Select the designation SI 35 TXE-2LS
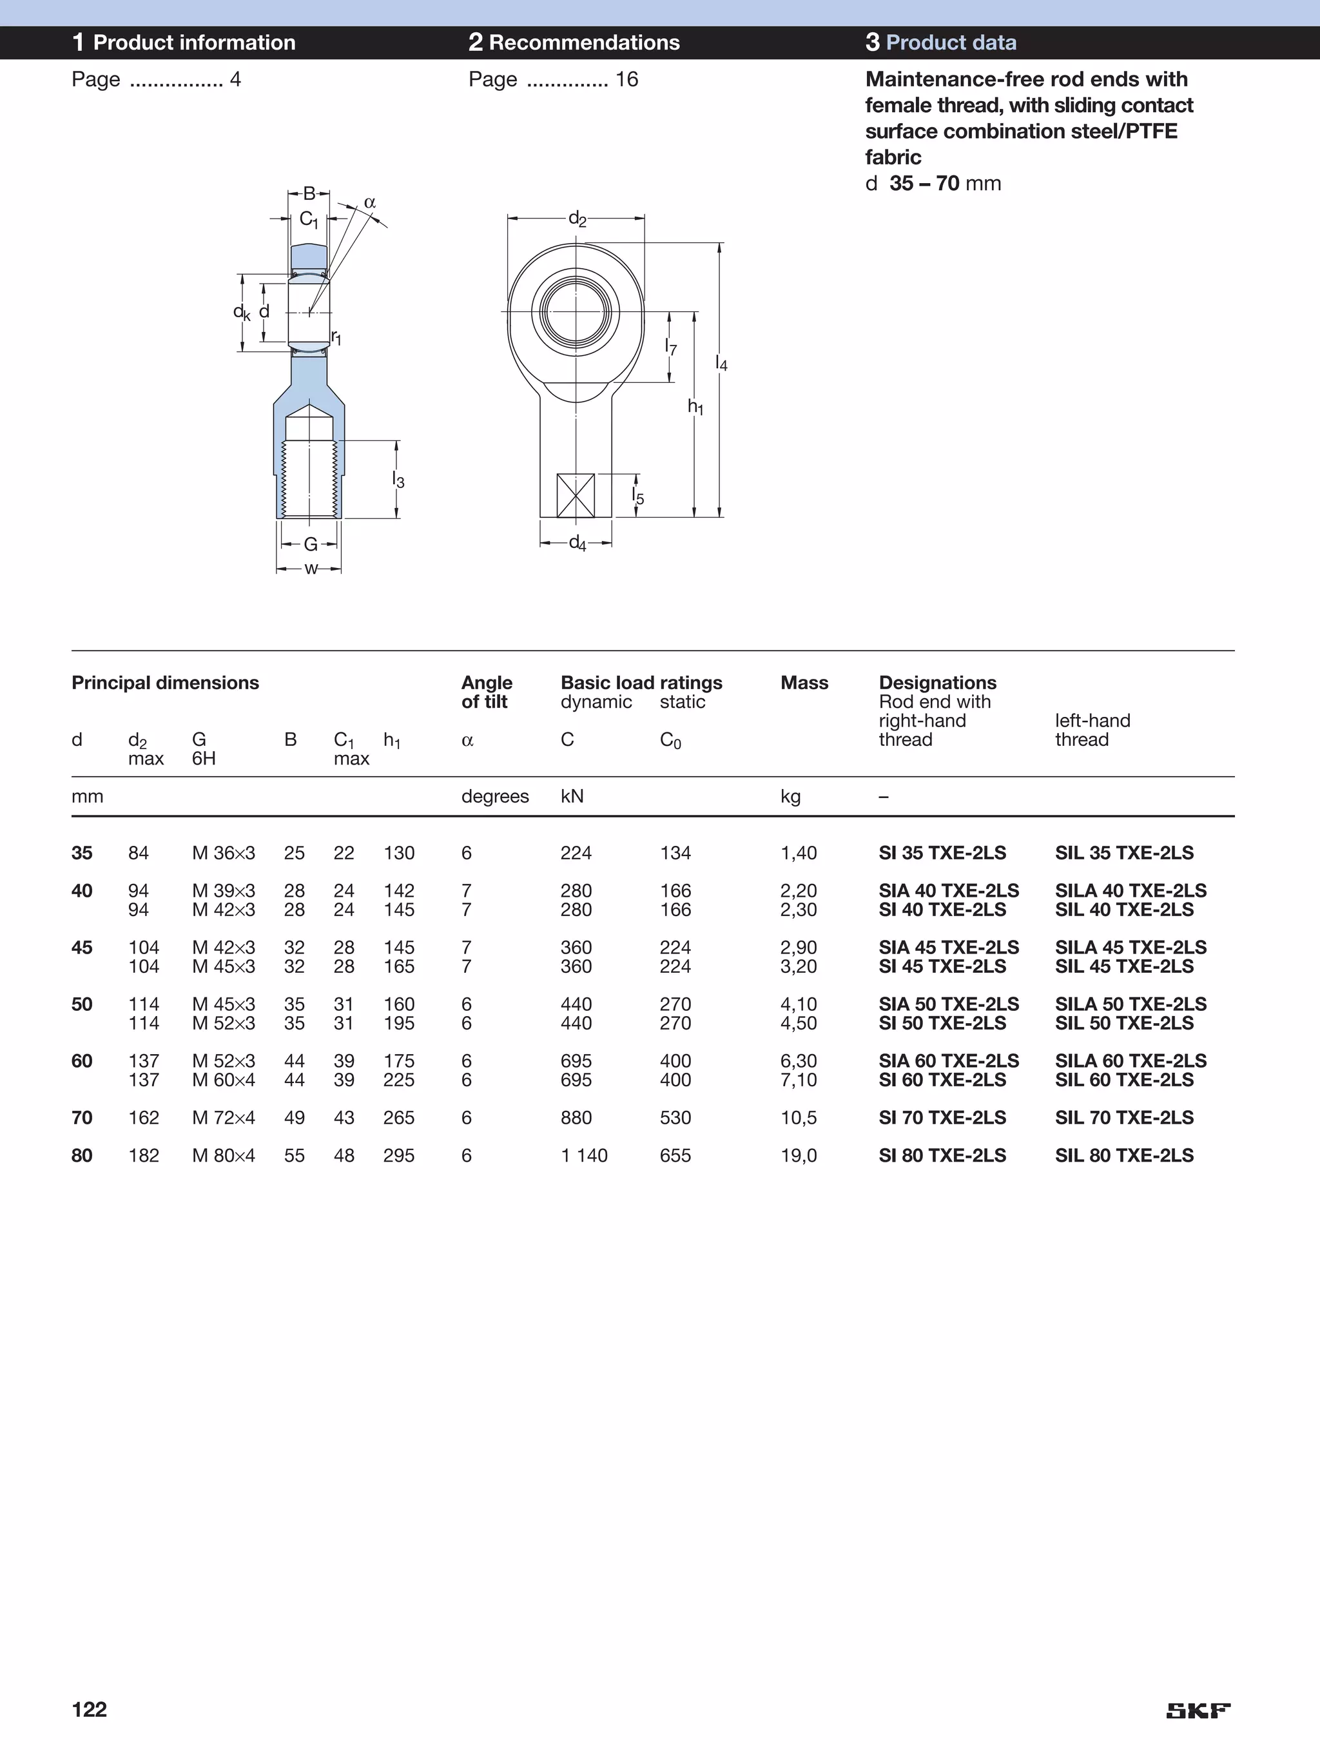[x=942, y=853]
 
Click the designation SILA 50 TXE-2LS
[x=1130, y=1004]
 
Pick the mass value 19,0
[x=798, y=1155]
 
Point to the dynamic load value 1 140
[x=584, y=1155]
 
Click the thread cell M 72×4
[x=224, y=1118]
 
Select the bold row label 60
[x=82, y=1061]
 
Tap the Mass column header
[x=804, y=683]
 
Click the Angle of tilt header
[x=486, y=692]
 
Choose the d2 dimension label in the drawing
[x=577, y=219]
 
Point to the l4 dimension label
[x=721, y=364]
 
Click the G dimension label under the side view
[x=310, y=544]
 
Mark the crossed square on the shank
[x=576, y=496]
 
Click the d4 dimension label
[x=577, y=543]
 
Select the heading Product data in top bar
[x=951, y=43]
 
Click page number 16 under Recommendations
[x=626, y=79]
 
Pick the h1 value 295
[x=398, y=1155]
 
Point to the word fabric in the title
[x=893, y=157]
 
